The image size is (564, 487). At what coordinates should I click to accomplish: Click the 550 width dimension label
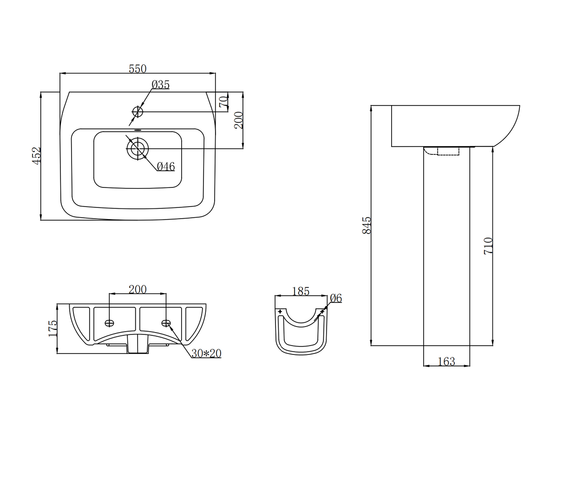tap(138, 69)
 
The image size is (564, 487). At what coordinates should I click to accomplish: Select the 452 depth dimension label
tap(37, 155)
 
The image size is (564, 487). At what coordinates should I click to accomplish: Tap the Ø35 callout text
tap(161, 85)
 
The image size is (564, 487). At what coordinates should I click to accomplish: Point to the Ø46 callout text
tap(165, 166)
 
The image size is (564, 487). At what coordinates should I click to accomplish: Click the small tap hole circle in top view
tap(138, 112)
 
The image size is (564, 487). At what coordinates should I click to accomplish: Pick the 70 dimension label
tap(223, 101)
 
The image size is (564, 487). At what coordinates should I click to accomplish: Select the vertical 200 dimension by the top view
tap(238, 120)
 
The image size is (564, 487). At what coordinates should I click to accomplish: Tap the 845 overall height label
tap(367, 225)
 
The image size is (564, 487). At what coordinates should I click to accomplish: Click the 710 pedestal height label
tap(488, 245)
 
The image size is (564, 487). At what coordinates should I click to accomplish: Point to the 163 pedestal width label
tap(446, 361)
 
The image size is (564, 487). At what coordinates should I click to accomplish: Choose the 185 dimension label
tap(301, 291)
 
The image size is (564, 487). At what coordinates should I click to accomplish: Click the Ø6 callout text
tap(336, 298)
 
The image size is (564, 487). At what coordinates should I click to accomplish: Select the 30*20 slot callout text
tap(206, 354)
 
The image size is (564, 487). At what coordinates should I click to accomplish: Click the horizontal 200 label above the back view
tap(138, 289)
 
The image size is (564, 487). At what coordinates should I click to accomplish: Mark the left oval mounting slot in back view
tap(110, 323)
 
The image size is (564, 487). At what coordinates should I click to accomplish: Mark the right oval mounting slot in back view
tap(166, 323)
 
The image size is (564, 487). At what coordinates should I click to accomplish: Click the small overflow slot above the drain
tap(137, 131)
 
